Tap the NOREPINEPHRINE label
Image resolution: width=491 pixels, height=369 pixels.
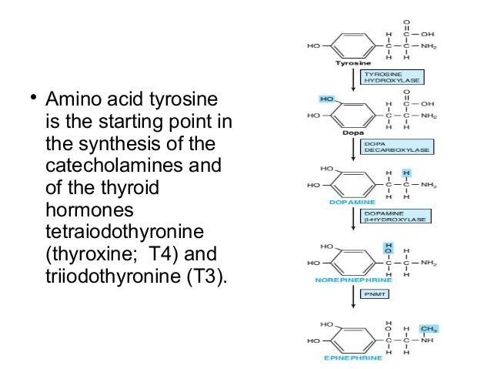pyautogui.click(x=349, y=280)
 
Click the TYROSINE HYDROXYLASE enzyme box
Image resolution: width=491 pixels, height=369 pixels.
pyautogui.click(x=389, y=78)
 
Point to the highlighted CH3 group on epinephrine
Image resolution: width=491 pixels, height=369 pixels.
pyautogui.click(x=421, y=329)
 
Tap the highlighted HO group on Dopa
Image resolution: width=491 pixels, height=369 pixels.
pyautogui.click(x=326, y=99)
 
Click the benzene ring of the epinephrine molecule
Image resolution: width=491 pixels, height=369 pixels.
pyautogui.click(x=351, y=340)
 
